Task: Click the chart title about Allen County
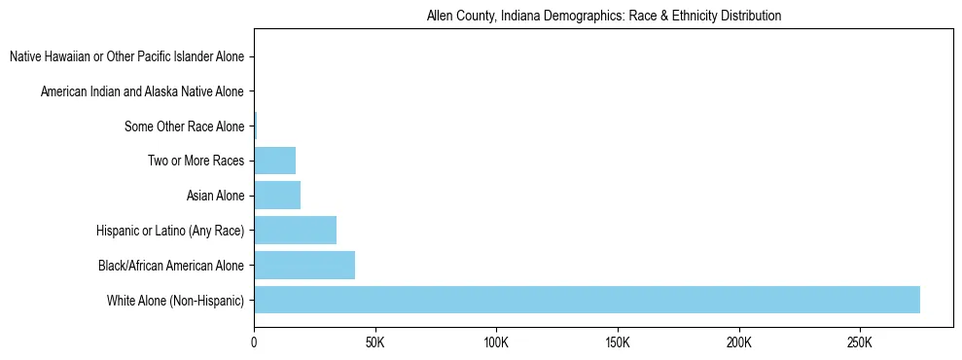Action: coord(604,17)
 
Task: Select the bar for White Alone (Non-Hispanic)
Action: coord(587,300)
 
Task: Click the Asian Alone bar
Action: coord(277,196)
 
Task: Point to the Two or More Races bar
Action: coord(274,161)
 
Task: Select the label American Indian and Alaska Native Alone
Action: coord(142,92)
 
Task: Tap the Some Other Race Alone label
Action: coord(184,126)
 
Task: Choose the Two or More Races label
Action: coord(196,162)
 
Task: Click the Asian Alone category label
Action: coord(215,196)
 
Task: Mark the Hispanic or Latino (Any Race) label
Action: coord(170,231)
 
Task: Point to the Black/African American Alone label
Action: coord(171,265)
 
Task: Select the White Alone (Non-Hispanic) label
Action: coord(176,300)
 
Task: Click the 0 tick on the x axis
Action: coord(254,342)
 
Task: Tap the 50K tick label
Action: coord(374,342)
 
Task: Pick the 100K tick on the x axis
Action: coord(496,342)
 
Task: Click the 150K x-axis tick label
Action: coord(618,342)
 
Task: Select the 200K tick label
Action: coord(739,342)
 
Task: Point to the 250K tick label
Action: coord(860,342)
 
